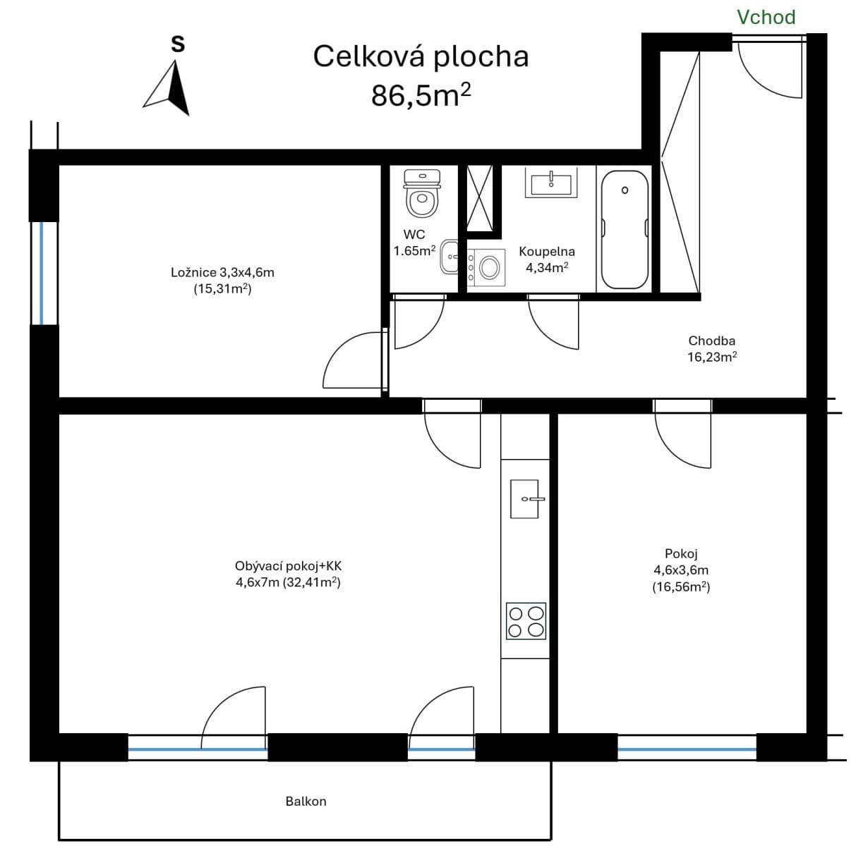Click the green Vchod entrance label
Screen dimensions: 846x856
point(766,17)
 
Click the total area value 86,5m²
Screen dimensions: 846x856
point(421,94)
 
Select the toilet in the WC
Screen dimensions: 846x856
point(421,192)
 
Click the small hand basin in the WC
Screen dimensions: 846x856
point(449,257)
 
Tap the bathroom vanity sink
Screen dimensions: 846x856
point(551,183)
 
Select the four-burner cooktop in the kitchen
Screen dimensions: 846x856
point(526,621)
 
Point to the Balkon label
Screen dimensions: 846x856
point(306,801)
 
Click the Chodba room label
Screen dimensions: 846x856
point(711,341)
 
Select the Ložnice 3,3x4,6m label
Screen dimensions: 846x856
point(222,272)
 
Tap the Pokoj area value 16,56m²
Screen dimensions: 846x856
point(680,587)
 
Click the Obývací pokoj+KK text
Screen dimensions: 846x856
point(288,566)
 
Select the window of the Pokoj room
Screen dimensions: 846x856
point(687,747)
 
